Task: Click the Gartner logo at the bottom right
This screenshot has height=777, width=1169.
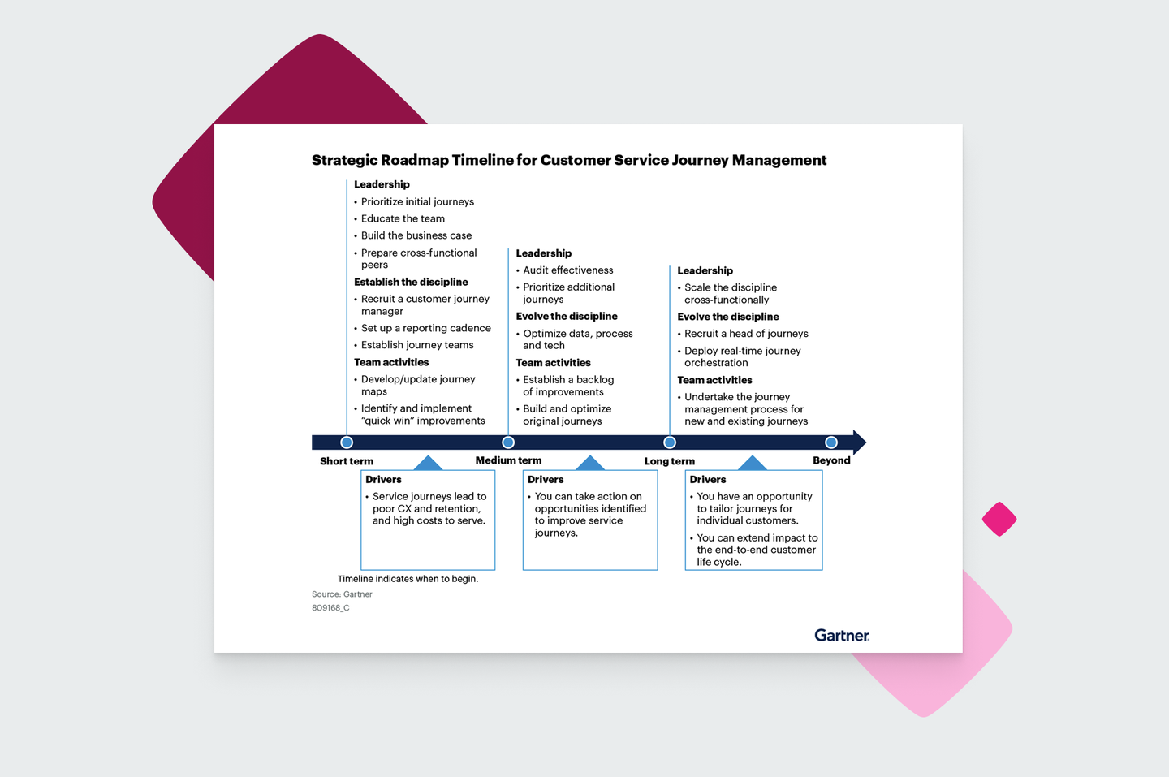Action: tap(842, 635)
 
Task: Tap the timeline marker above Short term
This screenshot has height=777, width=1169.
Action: tap(347, 442)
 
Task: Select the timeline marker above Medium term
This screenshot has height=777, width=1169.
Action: tap(508, 442)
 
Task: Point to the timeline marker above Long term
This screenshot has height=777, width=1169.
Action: tap(670, 442)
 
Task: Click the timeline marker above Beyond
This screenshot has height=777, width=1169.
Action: tap(831, 442)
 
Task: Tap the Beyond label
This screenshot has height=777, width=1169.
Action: tap(831, 460)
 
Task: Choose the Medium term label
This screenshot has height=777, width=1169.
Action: tap(508, 460)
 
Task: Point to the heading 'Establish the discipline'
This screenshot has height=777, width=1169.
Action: tap(411, 282)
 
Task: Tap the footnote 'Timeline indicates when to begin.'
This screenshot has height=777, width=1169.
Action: tap(408, 579)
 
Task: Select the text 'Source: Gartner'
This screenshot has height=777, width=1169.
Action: tap(342, 594)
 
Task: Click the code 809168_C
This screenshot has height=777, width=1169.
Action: tap(330, 608)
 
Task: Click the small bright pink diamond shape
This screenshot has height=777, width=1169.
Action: tap(999, 519)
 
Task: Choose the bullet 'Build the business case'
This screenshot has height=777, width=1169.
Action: tap(416, 235)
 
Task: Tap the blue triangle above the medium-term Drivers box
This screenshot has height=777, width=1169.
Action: tap(590, 463)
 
